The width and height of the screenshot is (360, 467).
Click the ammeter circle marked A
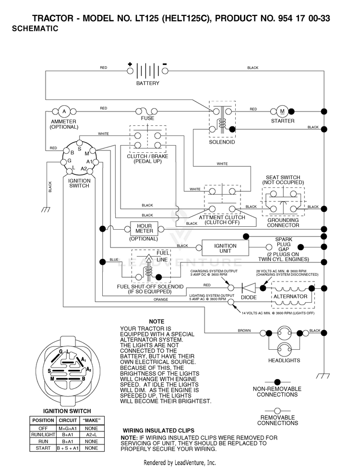tap(64, 111)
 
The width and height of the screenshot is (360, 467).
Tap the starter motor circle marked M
tap(282, 111)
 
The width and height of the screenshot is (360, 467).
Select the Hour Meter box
tap(144, 229)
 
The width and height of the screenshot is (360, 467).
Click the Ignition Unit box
tap(225, 248)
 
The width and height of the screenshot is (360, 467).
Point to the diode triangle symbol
tap(249, 288)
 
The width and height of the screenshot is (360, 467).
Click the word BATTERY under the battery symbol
tap(147, 84)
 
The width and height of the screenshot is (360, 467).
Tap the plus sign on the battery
tap(130, 64)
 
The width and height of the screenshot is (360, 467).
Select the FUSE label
tap(147, 118)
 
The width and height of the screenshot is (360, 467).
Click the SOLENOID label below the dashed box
tap(222, 142)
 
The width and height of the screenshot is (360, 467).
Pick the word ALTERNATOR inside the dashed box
tap(290, 296)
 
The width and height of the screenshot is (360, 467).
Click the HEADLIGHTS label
tap(284, 360)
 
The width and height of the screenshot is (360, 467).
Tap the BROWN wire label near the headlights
tap(244, 331)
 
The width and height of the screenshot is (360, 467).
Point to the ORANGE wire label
tap(161, 300)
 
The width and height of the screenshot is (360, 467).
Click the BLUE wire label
tap(114, 260)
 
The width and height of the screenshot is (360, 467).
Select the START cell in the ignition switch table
tap(43, 448)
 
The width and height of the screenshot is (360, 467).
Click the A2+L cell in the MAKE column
tap(91, 435)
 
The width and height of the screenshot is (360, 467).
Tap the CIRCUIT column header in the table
tap(68, 420)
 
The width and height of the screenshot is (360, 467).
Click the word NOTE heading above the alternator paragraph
tap(156, 321)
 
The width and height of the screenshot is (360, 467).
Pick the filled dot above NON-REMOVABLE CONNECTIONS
tap(277, 382)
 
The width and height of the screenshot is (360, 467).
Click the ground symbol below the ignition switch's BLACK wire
tap(46, 209)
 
